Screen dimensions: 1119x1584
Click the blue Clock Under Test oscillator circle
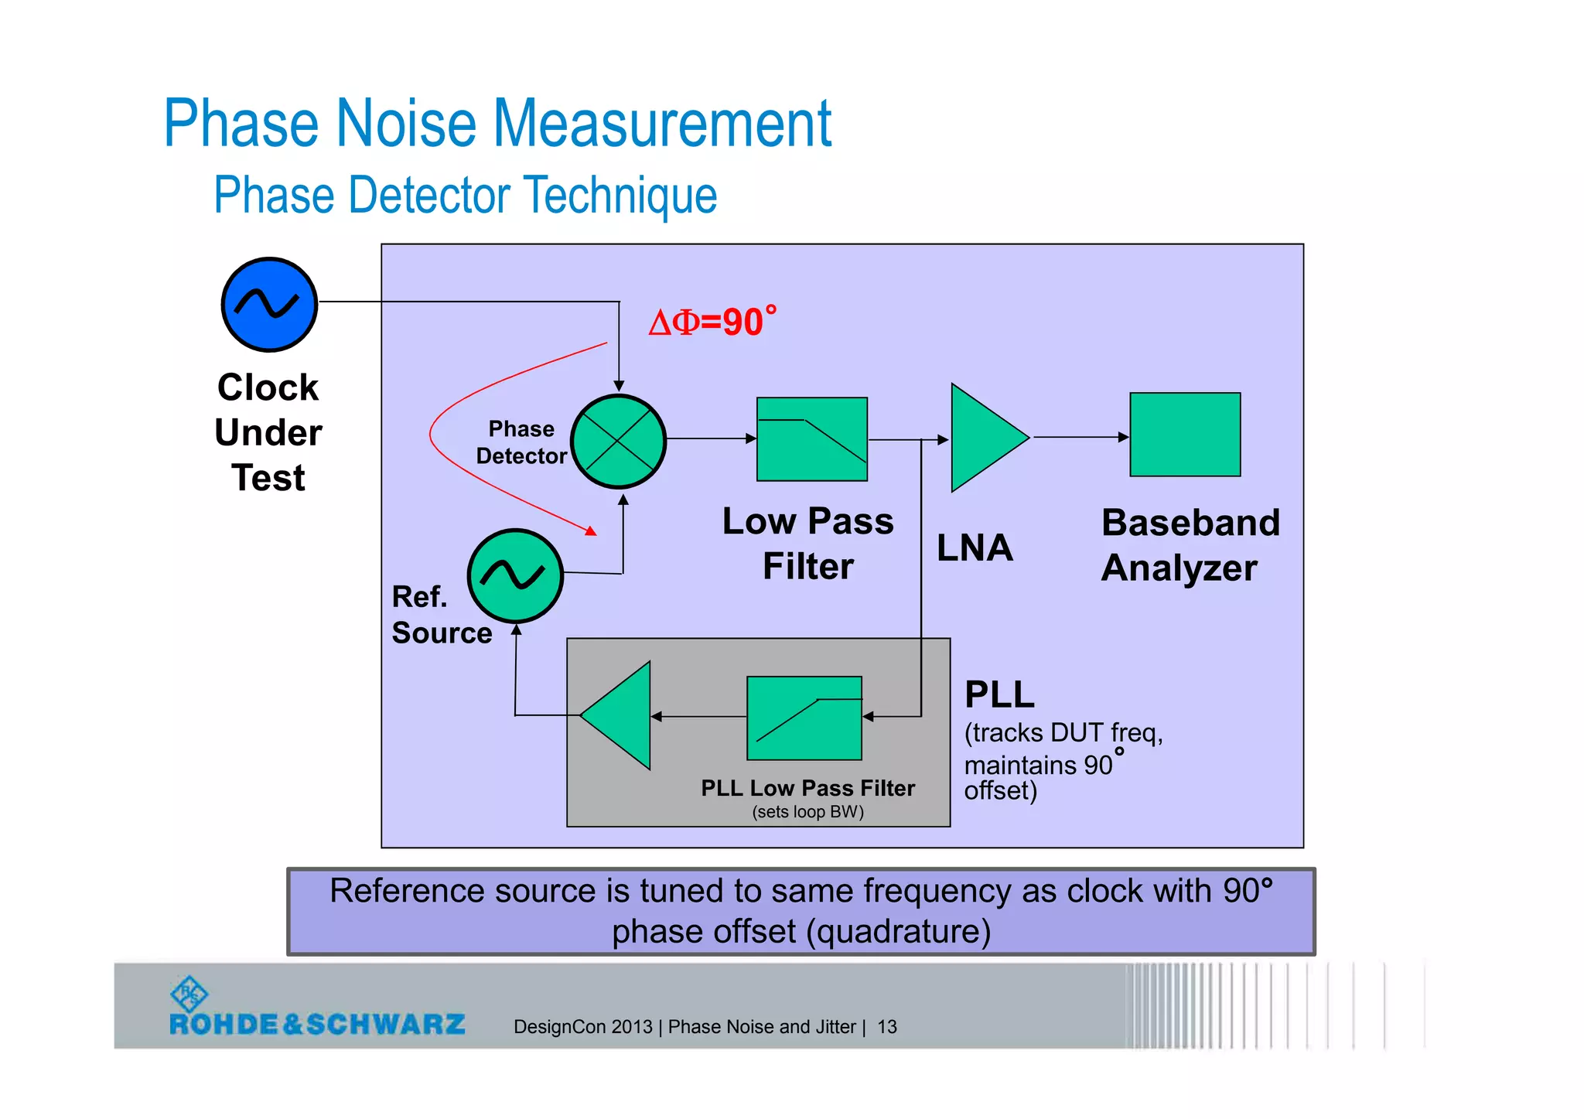click(x=269, y=305)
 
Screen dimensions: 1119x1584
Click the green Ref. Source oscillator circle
click(x=514, y=575)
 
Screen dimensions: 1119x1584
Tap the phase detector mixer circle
click(x=618, y=442)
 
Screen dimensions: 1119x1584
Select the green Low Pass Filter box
click(x=811, y=439)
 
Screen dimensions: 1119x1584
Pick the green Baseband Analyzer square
click(x=1184, y=435)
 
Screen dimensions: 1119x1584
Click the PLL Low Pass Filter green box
click(x=804, y=718)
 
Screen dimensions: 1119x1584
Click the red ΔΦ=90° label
click(x=712, y=322)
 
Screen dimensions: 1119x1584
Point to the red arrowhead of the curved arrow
click(x=591, y=531)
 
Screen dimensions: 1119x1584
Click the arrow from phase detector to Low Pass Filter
click(x=710, y=438)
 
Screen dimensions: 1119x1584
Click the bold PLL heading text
click(x=999, y=694)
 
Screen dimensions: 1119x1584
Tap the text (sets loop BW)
click(x=807, y=812)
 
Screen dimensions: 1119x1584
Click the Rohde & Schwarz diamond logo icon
click(x=189, y=993)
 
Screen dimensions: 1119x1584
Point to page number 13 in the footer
click(x=886, y=1027)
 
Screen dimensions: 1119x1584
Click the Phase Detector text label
click(x=521, y=442)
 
